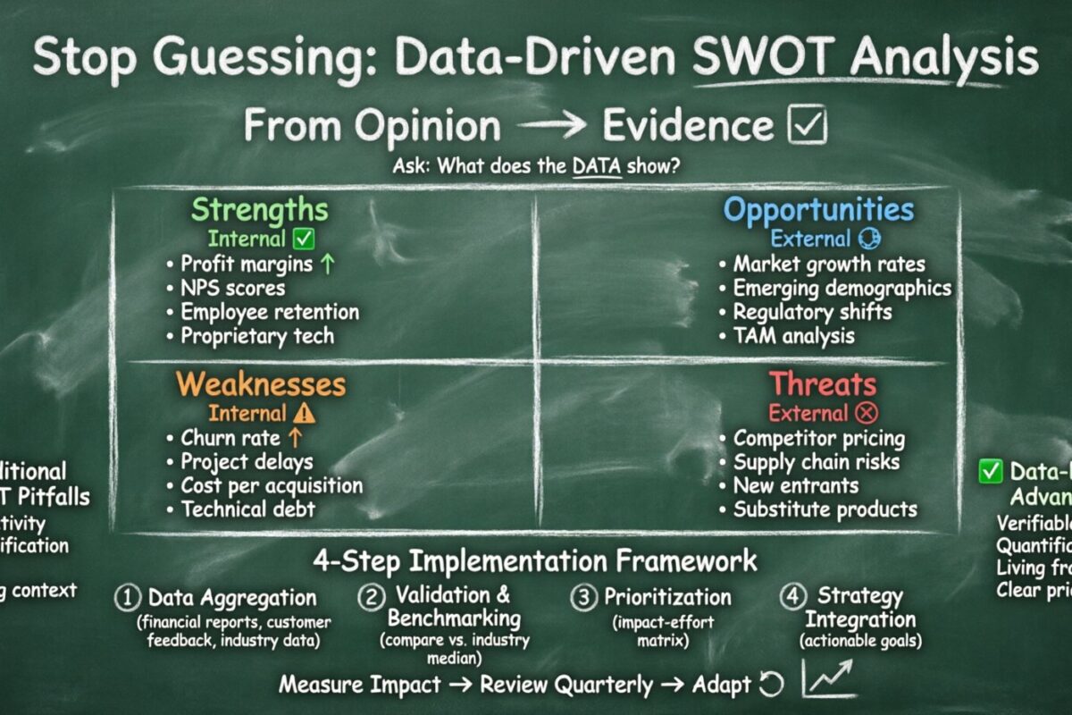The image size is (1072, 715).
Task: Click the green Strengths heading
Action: click(260, 211)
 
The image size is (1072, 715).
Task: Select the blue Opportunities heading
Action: click(818, 211)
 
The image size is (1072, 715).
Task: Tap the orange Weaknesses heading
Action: click(260, 384)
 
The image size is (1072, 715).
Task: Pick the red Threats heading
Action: click(823, 384)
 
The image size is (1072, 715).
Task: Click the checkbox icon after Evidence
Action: click(807, 126)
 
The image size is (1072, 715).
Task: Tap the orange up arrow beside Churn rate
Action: click(295, 439)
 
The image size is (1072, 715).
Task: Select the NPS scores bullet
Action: click(232, 289)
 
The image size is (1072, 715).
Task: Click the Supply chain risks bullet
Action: click(816, 463)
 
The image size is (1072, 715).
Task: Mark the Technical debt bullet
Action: click(247, 510)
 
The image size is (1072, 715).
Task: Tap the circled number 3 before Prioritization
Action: click(584, 597)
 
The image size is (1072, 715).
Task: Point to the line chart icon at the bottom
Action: click(828, 679)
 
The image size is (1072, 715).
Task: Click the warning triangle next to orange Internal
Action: click(304, 414)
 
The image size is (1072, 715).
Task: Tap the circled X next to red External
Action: click(866, 414)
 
